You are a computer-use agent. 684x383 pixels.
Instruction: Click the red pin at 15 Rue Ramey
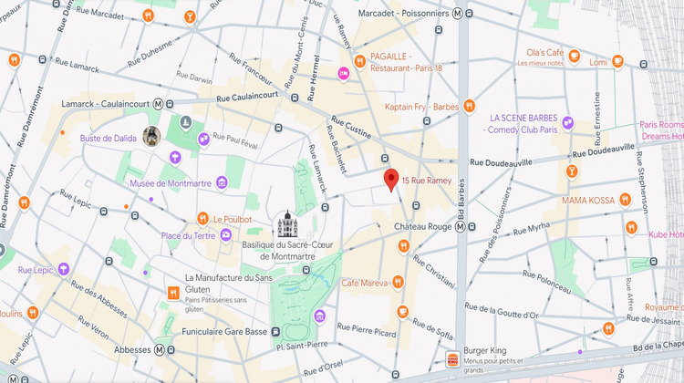click(390, 180)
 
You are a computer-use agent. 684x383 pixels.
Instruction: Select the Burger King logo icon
click(452, 359)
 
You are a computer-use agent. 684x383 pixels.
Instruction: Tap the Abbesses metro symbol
click(160, 349)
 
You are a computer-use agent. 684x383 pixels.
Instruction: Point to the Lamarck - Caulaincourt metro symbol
click(159, 103)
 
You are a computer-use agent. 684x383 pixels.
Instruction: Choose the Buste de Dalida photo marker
click(151, 137)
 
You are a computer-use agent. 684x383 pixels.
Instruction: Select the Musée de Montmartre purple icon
click(174, 158)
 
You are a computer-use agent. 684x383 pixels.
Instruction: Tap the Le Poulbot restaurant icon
click(202, 219)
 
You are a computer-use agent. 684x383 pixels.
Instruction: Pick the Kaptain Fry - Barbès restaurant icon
click(470, 106)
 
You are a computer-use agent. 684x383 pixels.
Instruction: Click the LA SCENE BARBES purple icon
click(568, 123)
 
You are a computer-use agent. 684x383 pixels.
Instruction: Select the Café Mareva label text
click(366, 283)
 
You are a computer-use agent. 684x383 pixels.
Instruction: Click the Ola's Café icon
click(575, 57)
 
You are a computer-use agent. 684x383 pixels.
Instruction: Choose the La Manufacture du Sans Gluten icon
click(172, 293)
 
